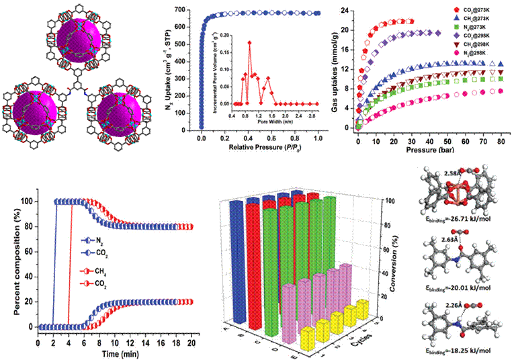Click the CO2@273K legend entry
pos(478,11)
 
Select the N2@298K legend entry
pos(478,70)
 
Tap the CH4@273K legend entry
pos(478,23)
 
